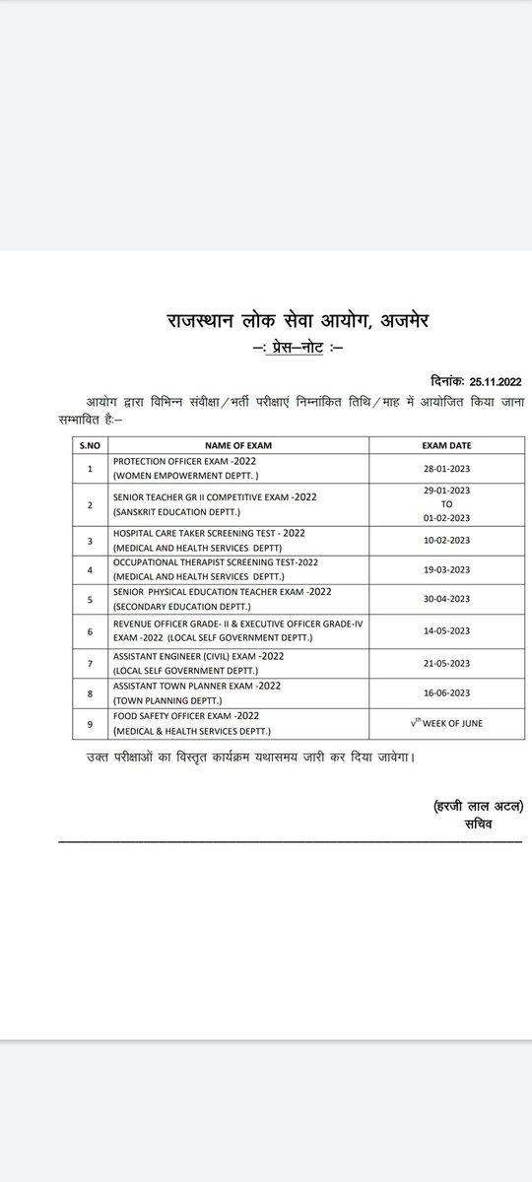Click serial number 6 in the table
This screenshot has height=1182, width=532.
pyautogui.click(x=90, y=630)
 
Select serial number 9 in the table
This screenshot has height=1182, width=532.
pyautogui.click(x=90, y=724)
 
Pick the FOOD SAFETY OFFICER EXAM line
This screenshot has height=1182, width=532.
pyautogui.click(x=183, y=716)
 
